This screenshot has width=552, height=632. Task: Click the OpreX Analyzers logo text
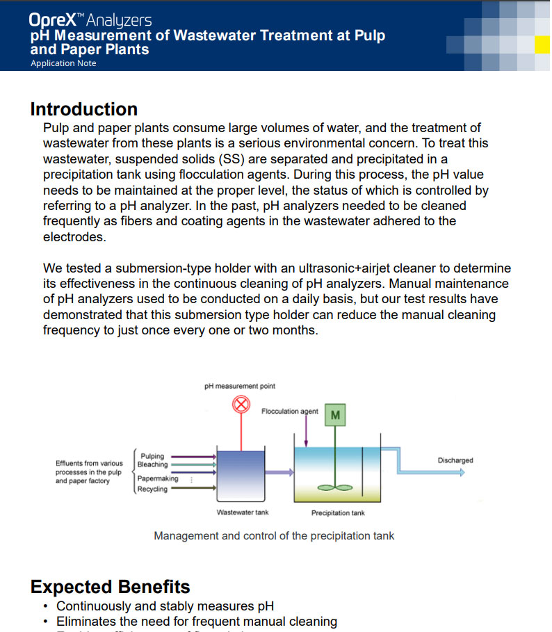[x=90, y=20]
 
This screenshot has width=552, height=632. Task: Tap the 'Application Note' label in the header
[x=63, y=63]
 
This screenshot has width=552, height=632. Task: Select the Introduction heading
[x=83, y=109]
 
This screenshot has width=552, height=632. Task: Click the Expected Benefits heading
[x=110, y=587]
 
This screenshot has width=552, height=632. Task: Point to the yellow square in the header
[x=542, y=44]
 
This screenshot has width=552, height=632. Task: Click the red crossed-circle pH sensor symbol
[x=241, y=404]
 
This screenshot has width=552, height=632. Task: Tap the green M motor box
[x=336, y=416]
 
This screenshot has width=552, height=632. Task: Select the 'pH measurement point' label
[x=240, y=386]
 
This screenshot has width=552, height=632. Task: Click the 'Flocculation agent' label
[x=289, y=412]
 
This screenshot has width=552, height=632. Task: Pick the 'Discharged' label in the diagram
[x=455, y=460]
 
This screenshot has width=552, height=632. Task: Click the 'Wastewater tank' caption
[x=243, y=512]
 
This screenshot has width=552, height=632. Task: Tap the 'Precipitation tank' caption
[x=338, y=513]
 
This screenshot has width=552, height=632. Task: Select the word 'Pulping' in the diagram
[x=152, y=456]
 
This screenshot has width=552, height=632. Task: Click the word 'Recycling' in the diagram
[x=152, y=489]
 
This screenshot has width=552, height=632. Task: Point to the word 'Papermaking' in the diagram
[x=158, y=478]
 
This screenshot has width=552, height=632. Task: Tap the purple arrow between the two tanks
[x=280, y=473]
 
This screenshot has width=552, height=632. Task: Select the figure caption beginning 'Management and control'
[x=274, y=535]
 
